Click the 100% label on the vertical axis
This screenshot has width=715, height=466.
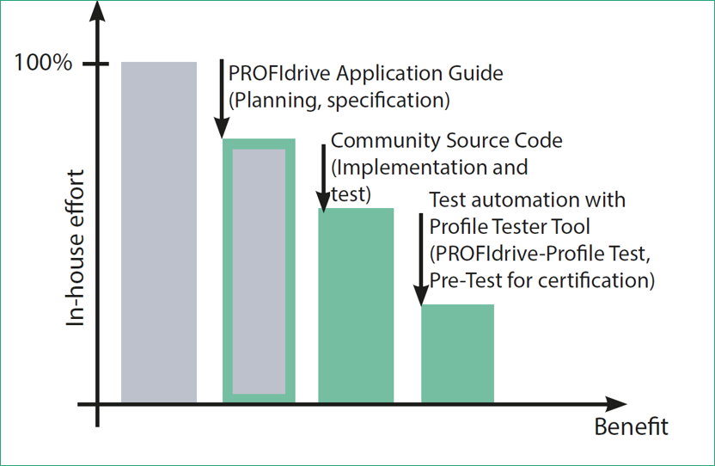(43, 62)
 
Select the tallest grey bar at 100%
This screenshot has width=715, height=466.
(159, 232)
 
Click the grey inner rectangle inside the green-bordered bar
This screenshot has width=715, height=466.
(259, 272)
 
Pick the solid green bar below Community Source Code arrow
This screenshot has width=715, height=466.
(356, 305)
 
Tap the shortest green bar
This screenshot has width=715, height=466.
(457, 353)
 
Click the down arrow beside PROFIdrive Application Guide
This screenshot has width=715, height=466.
(222, 99)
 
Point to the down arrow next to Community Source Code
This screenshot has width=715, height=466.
(323, 179)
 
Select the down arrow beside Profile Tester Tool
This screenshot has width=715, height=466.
(421, 260)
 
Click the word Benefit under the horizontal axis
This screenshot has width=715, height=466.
(631, 426)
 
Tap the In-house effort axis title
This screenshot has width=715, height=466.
(76, 248)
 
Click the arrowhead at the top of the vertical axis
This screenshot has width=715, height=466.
(97, 11)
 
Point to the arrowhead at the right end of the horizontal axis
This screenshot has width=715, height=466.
(615, 404)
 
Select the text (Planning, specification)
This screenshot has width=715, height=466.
(339, 100)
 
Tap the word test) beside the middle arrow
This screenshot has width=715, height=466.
(351, 194)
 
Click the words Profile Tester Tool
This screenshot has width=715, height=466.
(510, 226)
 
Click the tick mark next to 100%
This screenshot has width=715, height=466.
(95, 64)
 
